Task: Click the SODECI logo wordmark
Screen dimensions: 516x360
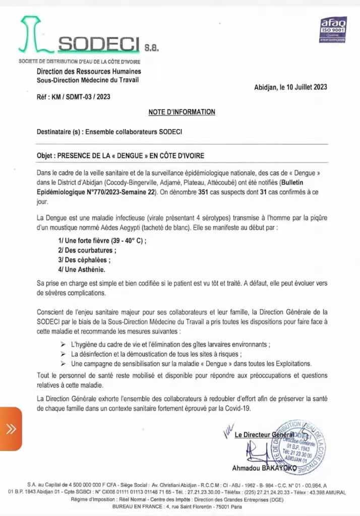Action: [x=98, y=45]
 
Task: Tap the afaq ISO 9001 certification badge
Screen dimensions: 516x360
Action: [x=333, y=29]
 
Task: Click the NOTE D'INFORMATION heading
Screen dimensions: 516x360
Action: [x=182, y=112]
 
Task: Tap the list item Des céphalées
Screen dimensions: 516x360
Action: [x=84, y=260]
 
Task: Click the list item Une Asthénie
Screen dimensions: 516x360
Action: [x=83, y=270]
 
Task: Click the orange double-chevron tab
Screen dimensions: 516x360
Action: [x=11, y=428]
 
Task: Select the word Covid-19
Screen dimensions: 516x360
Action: [x=236, y=408]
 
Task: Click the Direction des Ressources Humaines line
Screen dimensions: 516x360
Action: [x=89, y=72]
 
